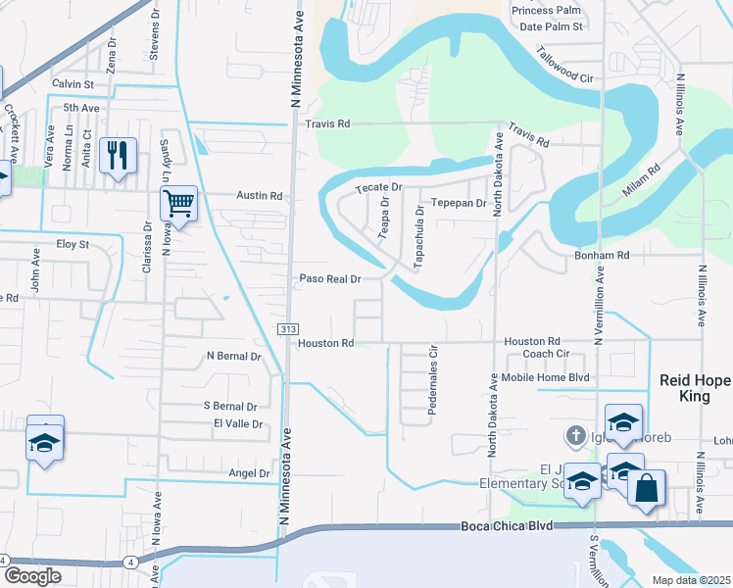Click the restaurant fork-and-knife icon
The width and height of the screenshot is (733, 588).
(x=118, y=155)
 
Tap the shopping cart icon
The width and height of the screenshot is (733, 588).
(x=178, y=203)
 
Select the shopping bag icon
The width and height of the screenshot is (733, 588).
(x=647, y=487)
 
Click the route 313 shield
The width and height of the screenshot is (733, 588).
(x=288, y=328)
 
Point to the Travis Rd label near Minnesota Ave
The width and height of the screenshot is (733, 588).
(x=327, y=124)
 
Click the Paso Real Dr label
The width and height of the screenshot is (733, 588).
(x=330, y=278)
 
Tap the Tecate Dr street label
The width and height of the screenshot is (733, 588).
(x=378, y=186)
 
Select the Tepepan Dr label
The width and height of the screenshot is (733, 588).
(x=460, y=203)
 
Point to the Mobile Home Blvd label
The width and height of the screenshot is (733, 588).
(x=546, y=377)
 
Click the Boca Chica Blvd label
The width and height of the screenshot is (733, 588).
(x=508, y=526)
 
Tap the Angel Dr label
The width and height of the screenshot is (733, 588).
(x=248, y=473)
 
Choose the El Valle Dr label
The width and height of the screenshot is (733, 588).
(x=238, y=424)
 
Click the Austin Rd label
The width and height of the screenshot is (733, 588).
(x=259, y=196)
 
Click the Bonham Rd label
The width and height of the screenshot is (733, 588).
(x=602, y=254)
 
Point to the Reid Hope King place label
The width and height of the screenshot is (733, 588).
(x=693, y=388)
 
